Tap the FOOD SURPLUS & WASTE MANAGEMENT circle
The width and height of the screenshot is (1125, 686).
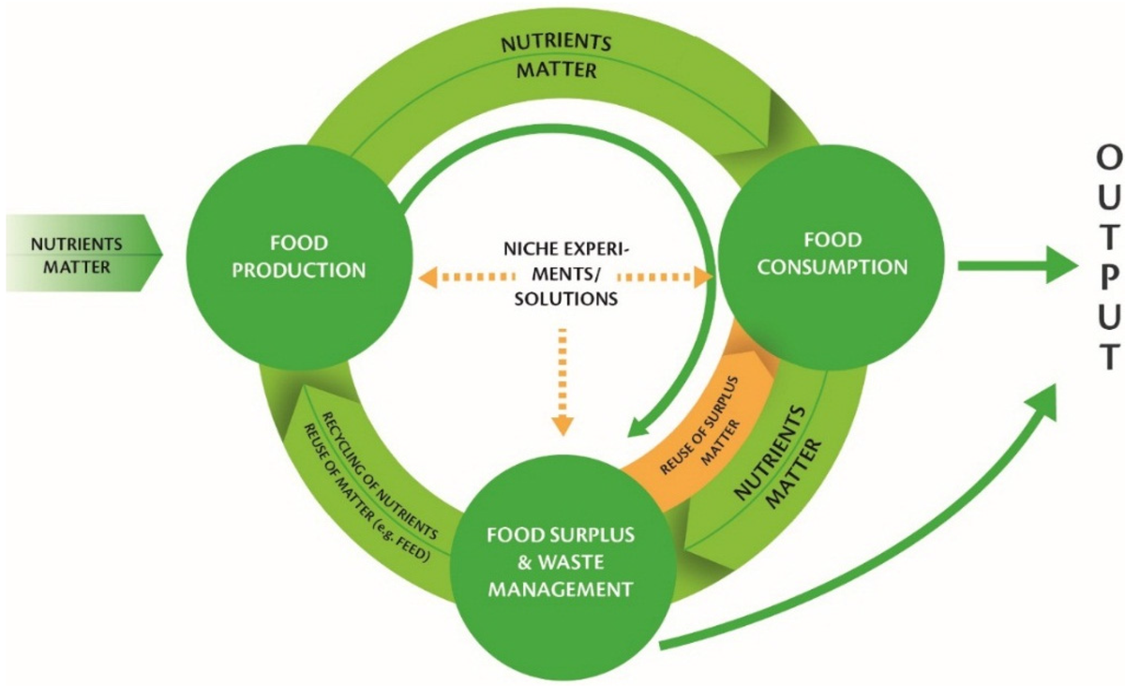pyautogui.click(x=559, y=562)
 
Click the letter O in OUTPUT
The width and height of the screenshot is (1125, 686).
pyautogui.click(x=1109, y=160)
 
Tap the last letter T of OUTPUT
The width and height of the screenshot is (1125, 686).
pyautogui.click(x=1109, y=358)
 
